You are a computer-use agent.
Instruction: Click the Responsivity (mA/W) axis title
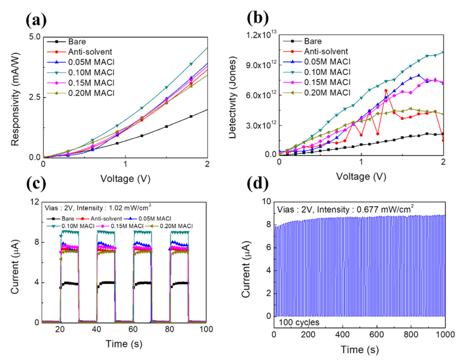(15, 97)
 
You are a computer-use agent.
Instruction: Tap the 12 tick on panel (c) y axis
(34, 202)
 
